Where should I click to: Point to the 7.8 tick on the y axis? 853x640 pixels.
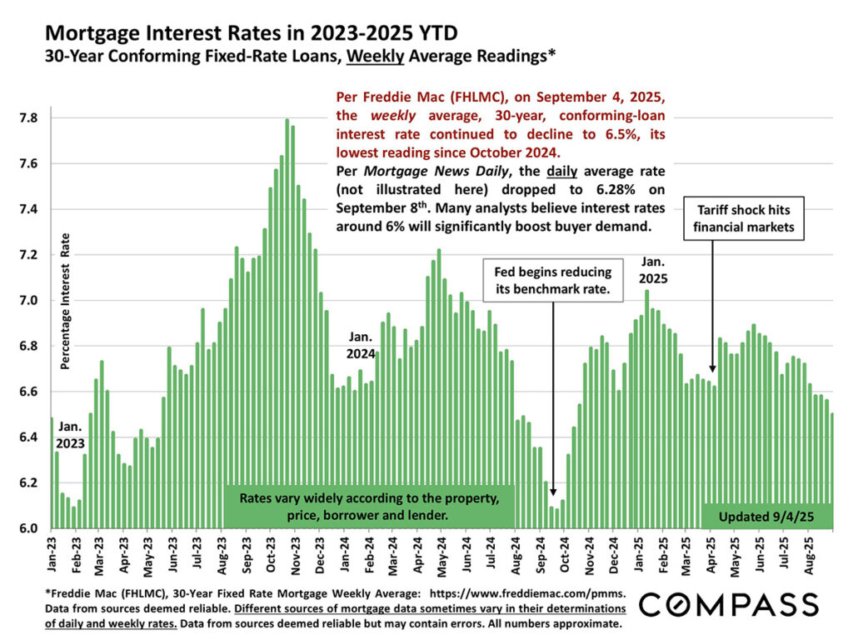(x=28, y=118)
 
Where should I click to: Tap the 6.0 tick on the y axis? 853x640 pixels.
(x=28, y=528)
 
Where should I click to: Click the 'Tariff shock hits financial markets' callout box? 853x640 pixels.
(x=744, y=218)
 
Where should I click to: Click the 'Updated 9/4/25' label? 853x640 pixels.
(x=766, y=517)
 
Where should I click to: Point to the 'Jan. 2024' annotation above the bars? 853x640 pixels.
(x=362, y=345)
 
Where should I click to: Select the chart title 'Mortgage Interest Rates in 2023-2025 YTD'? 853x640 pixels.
(x=251, y=34)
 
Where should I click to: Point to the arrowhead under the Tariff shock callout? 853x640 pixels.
(x=712, y=368)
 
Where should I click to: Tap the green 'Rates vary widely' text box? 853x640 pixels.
(x=369, y=507)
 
